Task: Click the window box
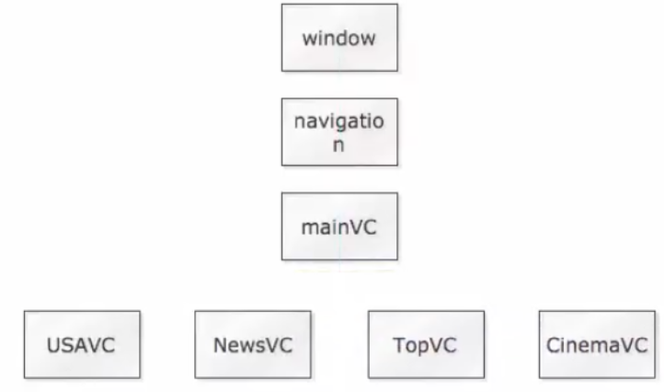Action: click(x=339, y=38)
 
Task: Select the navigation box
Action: click(x=339, y=133)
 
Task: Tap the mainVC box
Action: click(x=339, y=226)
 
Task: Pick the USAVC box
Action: click(x=82, y=344)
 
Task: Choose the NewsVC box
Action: click(x=253, y=344)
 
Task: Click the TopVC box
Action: click(x=426, y=344)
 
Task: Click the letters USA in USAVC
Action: click(x=69, y=345)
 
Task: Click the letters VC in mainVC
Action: click(x=363, y=227)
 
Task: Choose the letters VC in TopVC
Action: click(x=442, y=345)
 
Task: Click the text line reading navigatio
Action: click(x=339, y=122)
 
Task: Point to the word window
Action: click(x=339, y=39)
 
